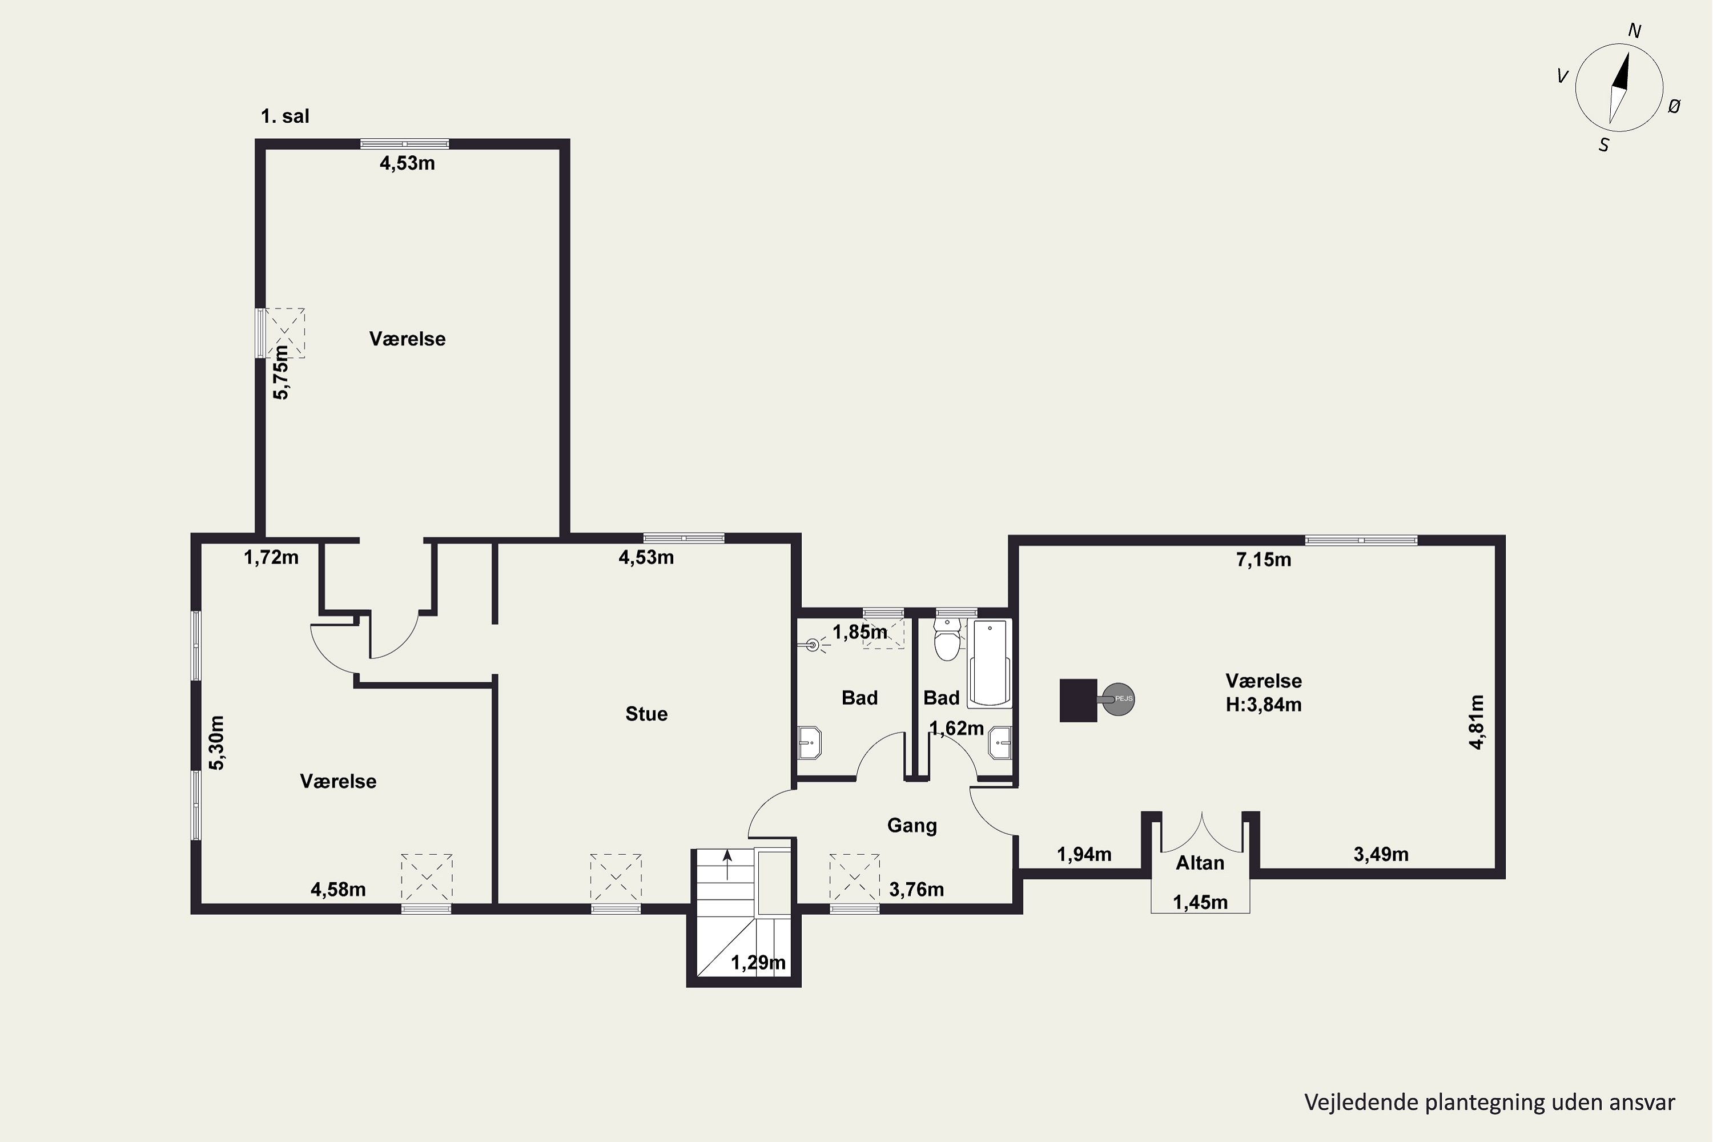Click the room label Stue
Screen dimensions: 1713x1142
(646, 714)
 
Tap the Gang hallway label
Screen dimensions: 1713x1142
(912, 826)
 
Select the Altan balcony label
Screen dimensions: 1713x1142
(1200, 863)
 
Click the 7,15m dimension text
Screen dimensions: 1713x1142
(1264, 560)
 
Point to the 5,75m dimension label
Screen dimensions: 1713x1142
(280, 372)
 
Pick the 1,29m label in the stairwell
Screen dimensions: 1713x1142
(758, 963)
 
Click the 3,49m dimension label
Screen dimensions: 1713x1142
(1381, 854)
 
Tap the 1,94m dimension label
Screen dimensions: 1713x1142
(1084, 854)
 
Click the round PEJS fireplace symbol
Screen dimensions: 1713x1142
(1118, 699)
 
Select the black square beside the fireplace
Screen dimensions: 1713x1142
(1078, 700)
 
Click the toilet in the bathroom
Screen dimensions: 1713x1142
(947, 640)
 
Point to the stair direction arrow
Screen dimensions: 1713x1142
(727, 864)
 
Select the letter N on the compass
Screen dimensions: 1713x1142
(1634, 31)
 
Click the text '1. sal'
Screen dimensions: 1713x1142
(285, 116)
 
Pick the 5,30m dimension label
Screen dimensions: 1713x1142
(217, 743)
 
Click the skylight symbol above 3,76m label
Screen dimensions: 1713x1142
(854, 878)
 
